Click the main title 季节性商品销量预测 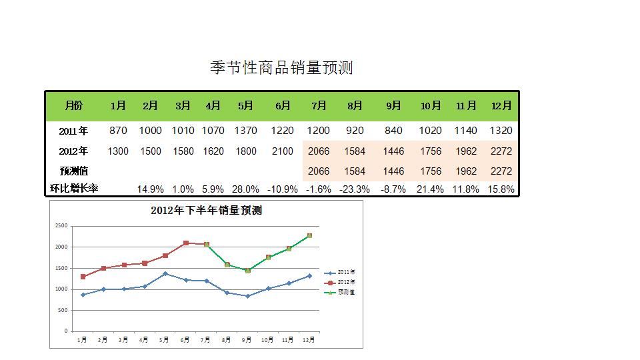pyautogui.click(x=281, y=67)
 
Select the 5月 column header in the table pyautogui.click(x=245, y=106)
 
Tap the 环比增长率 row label pyautogui.click(x=74, y=188)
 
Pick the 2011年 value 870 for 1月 pyautogui.click(x=118, y=131)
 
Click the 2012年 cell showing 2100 pyautogui.click(x=283, y=151)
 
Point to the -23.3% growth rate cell pyautogui.click(x=354, y=189)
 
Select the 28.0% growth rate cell pyautogui.click(x=245, y=189)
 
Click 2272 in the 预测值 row pyautogui.click(x=501, y=171)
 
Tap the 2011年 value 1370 pyautogui.click(x=246, y=131)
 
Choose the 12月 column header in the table pyautogui.click(x=501, y=106)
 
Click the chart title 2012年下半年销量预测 pyautogui.click(x=206, y=211)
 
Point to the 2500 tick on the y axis pyautogui.click(x=61, y=225)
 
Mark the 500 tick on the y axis pyautogui.click(x=63, y=310)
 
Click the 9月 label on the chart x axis pyautogui.click(x=246, y=339)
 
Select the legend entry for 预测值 pyautogui.click(x=339, y=292)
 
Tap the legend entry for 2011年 pyautogui.click(x=339, y=272)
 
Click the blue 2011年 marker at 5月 pyautogui.click(x=165, y=273)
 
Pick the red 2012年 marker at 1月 pyautogui.click(x=83, y=277)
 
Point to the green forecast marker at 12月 pyautogui.click(x=309, y=235)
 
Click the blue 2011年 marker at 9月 pyautogui.click(x=248, y=296)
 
